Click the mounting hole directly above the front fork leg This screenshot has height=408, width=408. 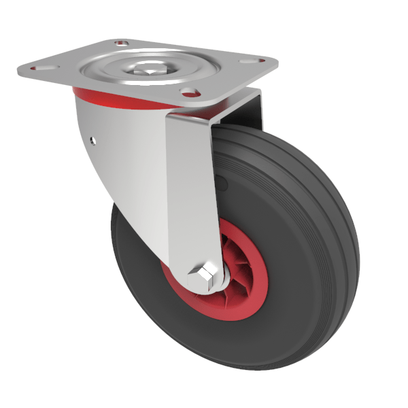point(190,92)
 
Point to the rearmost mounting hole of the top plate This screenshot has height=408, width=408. point(123,44)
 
